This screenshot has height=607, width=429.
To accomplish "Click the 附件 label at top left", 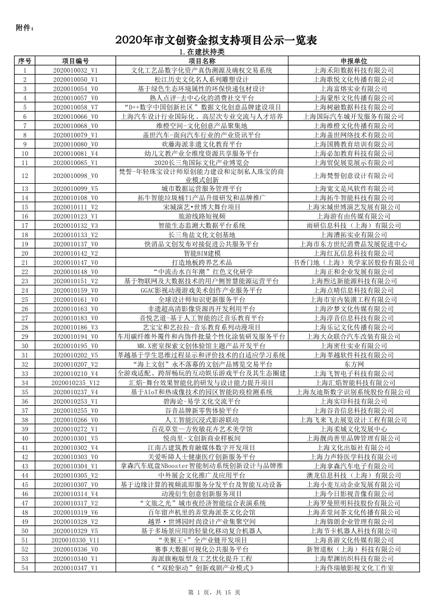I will tap(25, 27).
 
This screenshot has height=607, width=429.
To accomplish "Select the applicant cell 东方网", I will tap(353, 364).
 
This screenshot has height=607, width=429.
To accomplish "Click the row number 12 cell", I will tap(25, 176).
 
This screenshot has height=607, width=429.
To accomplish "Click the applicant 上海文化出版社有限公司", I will tap(353, 447).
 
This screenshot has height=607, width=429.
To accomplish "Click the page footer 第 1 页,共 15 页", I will tap(214, 592).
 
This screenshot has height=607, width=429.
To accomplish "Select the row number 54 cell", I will tap(25, 568).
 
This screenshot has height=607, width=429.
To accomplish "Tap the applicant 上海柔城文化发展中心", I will tap(353, 429).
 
